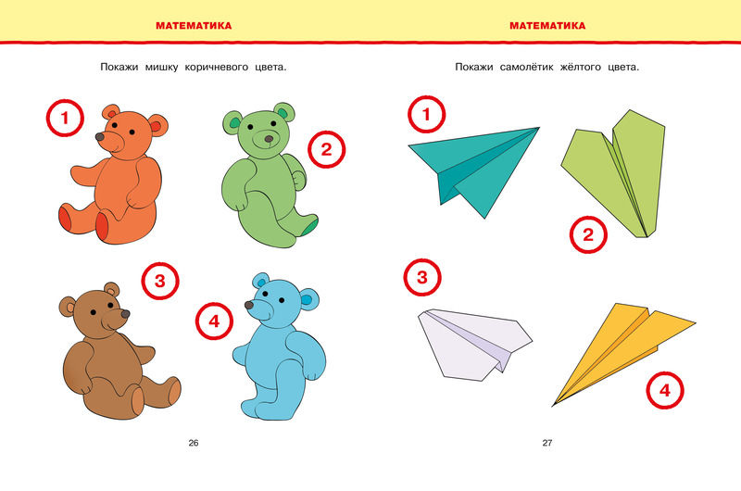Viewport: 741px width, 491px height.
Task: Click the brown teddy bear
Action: point(113,355)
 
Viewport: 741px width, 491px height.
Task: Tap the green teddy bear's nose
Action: point(269,139)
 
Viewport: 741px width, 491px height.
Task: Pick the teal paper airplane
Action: point(472,168)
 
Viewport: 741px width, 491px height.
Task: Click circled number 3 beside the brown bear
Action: point(160,282)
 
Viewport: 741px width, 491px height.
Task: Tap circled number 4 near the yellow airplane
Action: point(665,390)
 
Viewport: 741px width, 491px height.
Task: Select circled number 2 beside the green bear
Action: point(327,149)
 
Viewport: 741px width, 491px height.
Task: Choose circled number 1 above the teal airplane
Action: point(426,114)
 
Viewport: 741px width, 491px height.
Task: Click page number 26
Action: point(194,443)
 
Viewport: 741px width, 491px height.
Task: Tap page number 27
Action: point(547,443)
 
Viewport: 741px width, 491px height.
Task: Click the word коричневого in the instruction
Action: point(217,67)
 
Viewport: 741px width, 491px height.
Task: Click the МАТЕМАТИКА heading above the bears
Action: point(194,26)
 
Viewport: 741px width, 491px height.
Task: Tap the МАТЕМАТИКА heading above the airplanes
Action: point(547,26)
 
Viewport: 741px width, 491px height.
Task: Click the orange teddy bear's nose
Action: point(100,137)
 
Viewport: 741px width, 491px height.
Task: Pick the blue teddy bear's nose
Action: point(249,306)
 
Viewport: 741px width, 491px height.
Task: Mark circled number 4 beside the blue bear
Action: point(215,321)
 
